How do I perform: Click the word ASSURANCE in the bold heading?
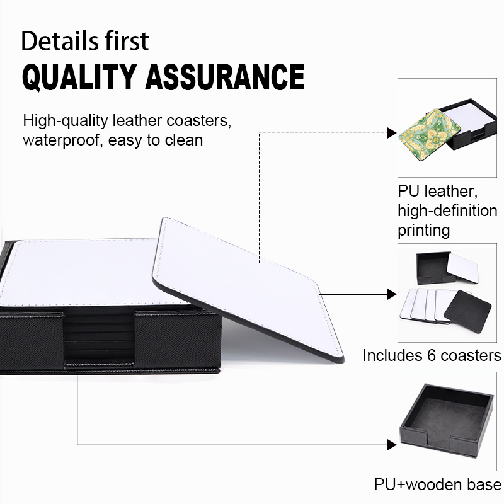click(225, 77)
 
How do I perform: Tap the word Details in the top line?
click(55, 41)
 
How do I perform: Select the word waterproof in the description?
click(60, 140)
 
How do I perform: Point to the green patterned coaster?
click(429, 134)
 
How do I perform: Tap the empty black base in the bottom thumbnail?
click(447, 419)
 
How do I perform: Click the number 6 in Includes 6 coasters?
click(432, 356)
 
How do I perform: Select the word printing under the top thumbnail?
click(423, 231)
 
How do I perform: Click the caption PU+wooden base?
click(438, 484)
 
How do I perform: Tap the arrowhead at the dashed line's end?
click(392, 132)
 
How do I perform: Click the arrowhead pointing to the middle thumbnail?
click(392, 294)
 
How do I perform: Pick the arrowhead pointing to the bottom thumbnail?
click(392, 445)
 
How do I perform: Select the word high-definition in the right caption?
click(447, 211)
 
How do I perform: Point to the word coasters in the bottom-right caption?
click(471, 356)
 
